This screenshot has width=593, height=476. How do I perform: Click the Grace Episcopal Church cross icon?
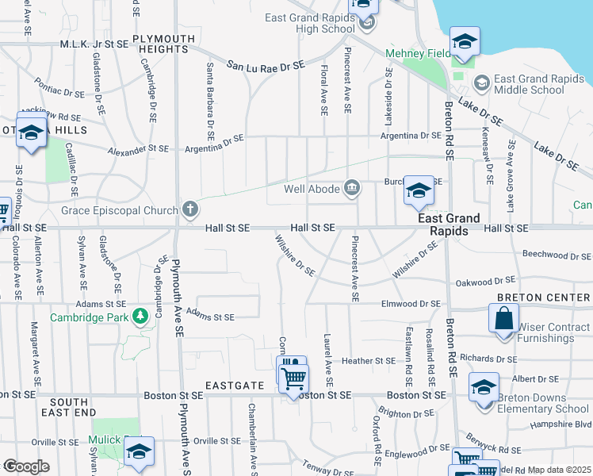[x=189, y=209]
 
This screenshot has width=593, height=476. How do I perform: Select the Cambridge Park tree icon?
[x=141, y=317]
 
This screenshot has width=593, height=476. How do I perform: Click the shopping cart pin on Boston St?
[x=293, y=379]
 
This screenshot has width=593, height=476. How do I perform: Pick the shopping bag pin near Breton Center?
[x=503, y=321]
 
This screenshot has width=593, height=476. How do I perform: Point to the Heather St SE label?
[x=368, y=360]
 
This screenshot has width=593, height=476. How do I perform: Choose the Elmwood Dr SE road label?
[x=411, y=303]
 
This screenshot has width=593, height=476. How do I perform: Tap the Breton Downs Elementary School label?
[x=543, y=404]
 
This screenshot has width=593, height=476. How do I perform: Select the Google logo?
[x=26, y=466]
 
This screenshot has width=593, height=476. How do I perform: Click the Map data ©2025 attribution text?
[x=558, y=470]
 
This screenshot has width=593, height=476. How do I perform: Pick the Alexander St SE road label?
[x=139, y=148]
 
